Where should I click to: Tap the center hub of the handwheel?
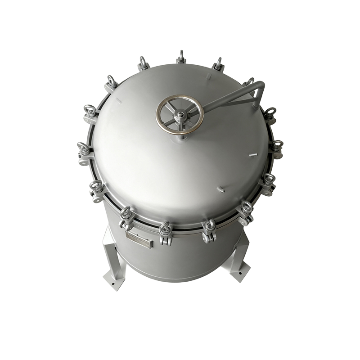[180, 116]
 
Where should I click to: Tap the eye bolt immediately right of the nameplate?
[166, 232]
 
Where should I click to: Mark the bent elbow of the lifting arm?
[261, 85]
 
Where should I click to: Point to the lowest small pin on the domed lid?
[220, 189]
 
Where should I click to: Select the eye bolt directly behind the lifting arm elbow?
[249, 82]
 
